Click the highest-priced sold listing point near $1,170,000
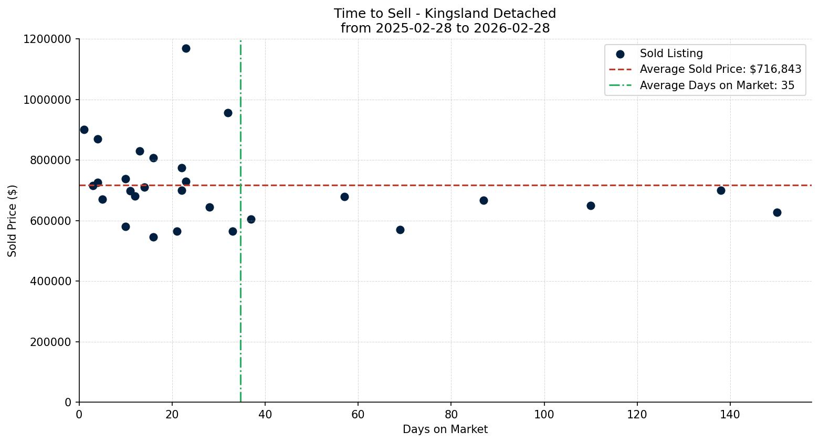pos(186,49)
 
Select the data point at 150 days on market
pos(777,213)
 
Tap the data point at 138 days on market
pos(721,190)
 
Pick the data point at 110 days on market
pos(591,206)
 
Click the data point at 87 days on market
pos(484,200)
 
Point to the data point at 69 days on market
pos(400,230)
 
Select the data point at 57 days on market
pos(344,197)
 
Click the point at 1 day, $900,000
pos(84,129)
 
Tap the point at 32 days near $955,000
pos(228,113)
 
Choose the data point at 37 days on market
pos(251,219)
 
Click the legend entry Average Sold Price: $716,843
pos(720,69)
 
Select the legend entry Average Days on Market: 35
pos(717,85)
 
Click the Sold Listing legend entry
pos(671,53)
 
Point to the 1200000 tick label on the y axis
pos(47,39)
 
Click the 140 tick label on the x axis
pos(730,415)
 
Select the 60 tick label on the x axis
pos(358,415)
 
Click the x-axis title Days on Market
pos(445,429)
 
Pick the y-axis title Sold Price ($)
pos(13,221)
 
